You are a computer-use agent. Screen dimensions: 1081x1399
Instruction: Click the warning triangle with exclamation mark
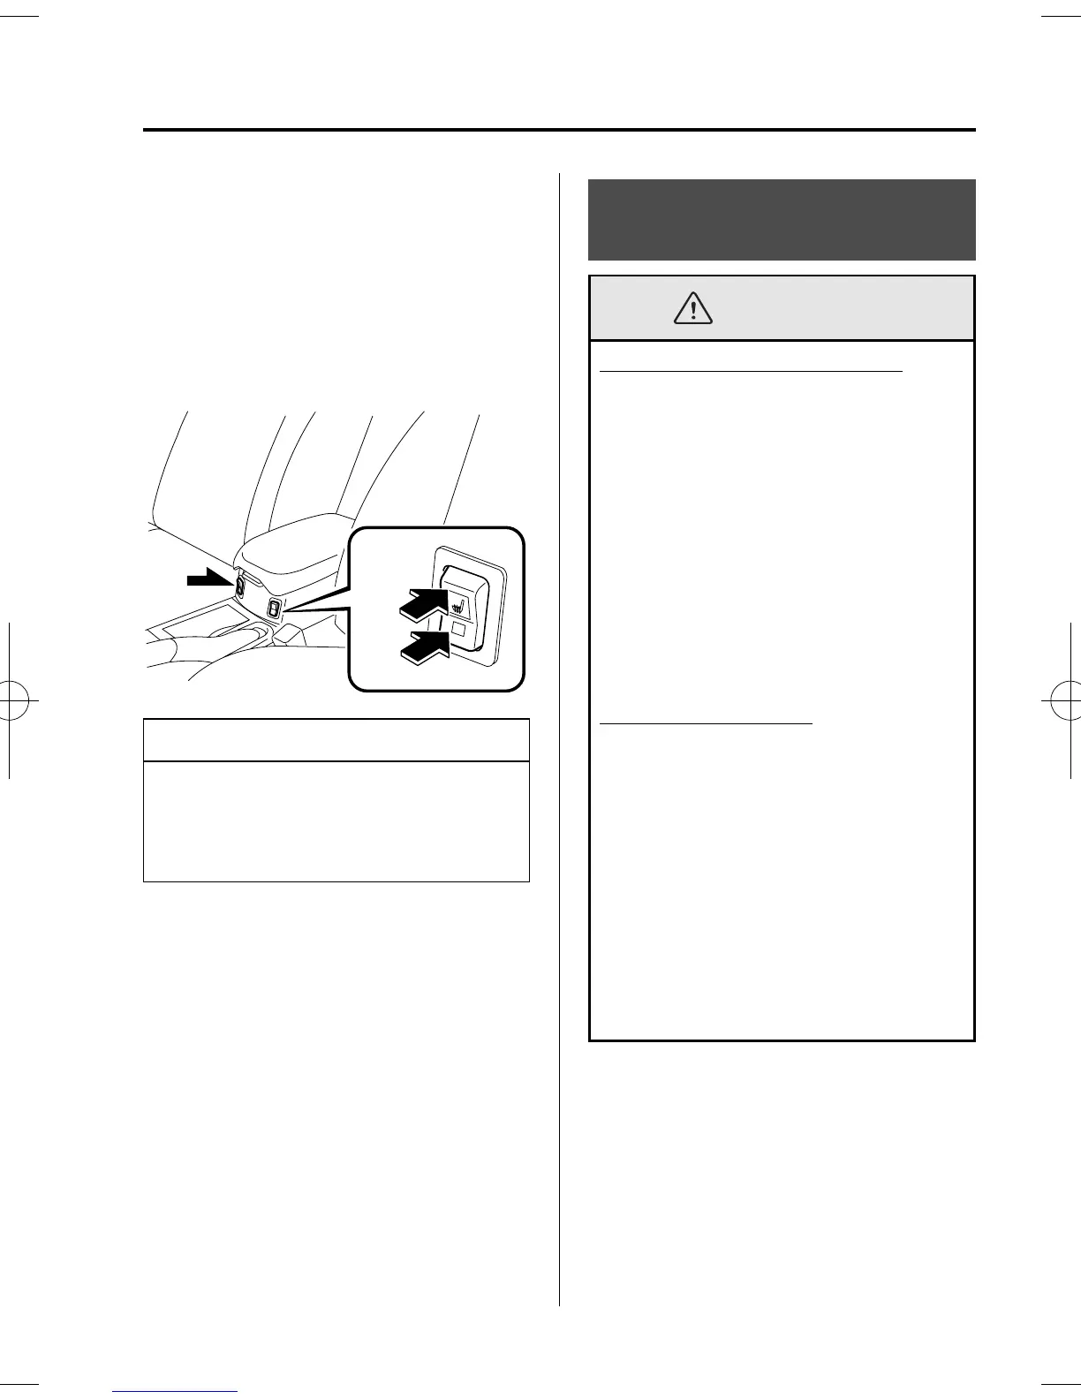click(x=694, y=306)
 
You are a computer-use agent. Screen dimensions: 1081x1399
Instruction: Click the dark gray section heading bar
click(x=782, y=219)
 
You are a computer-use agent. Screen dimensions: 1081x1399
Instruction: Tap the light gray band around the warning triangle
click(x=839, y=308)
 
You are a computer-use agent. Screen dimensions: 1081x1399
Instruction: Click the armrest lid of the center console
click(x=291, y=546)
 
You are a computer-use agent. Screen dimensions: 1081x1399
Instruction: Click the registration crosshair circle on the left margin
click(x=19, y=702)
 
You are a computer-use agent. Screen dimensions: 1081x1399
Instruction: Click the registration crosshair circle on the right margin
click(x=1062, y=702)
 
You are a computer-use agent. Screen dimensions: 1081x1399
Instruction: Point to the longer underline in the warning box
click(x=751, y=373)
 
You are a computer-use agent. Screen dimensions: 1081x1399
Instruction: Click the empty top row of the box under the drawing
click(x=336, y=740)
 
